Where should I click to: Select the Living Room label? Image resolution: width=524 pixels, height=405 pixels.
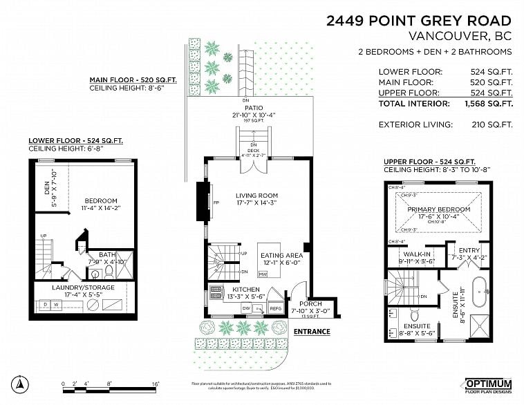pos(256,196)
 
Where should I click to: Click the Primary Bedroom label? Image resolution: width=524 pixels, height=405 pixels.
pos(438,209)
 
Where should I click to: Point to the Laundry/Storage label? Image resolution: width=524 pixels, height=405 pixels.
pos(82,288)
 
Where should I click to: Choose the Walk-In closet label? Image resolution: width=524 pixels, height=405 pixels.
pos(417,254)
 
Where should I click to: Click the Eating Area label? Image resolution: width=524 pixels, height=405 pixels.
pos(279,255)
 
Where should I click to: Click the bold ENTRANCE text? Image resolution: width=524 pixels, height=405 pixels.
pos(312,332)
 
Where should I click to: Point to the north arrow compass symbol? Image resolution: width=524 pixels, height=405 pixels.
pos(21,384)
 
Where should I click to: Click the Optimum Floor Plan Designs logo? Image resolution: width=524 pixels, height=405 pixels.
pos(487,386)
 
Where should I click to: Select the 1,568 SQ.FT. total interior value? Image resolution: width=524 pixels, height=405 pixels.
pos(487,104)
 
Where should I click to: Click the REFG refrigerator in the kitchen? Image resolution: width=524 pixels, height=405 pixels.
pos(275,309)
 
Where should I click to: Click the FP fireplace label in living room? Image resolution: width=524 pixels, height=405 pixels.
pos(216,203)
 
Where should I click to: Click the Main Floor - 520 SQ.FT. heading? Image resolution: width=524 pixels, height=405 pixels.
pos(133,80)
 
